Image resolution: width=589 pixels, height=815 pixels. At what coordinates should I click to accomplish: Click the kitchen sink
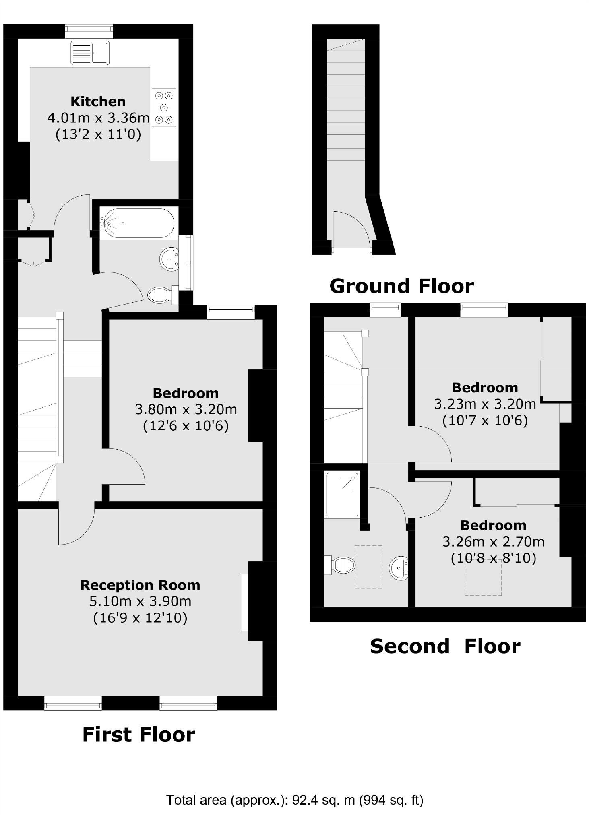(90, 52)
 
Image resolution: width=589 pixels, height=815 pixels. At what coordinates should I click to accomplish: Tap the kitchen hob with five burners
(164, 107)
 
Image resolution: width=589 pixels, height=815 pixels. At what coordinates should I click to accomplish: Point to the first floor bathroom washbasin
(169, 259)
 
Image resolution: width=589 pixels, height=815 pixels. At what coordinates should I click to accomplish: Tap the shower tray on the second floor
(342, 494)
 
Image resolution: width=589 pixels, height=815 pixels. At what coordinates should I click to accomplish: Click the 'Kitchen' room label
(98, 101)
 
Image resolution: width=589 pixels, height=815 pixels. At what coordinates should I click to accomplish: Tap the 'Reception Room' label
(140, 585)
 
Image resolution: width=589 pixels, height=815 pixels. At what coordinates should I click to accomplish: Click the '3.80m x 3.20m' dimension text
(186, 409)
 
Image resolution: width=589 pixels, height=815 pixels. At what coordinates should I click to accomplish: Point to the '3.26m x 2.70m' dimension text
(494, 542)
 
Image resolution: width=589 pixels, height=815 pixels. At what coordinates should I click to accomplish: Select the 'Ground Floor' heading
(401, 286)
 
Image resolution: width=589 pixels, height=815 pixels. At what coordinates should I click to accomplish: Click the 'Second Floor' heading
(445, 646)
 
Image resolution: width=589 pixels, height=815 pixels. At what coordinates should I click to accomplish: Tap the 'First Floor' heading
(138, 735)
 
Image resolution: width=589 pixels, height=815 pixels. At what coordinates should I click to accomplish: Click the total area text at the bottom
(295, 800)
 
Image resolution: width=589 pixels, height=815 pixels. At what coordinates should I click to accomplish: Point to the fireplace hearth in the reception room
(244, 602)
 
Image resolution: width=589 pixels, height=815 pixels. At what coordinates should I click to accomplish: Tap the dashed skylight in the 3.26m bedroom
(483, 577)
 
